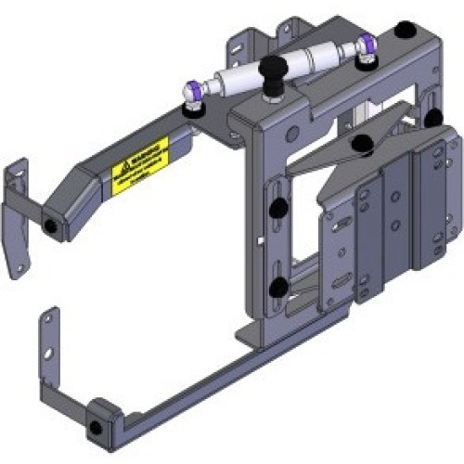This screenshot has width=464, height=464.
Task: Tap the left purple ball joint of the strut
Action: [192, 91]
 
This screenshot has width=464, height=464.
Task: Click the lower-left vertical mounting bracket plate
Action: [46, 353]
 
